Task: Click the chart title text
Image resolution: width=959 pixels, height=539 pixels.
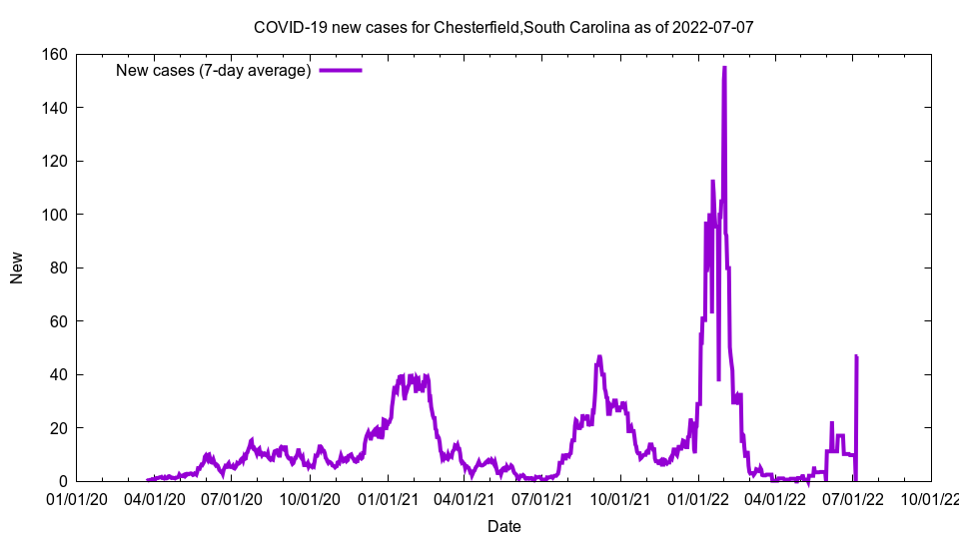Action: coord(503,27)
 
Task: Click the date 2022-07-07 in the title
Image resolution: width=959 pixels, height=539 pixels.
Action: coord(713,27)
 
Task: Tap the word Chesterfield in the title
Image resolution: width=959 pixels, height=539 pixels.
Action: coord(476,27)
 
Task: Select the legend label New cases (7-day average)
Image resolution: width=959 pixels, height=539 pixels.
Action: coord(213,70)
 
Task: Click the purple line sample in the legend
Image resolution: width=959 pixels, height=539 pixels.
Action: coord(340,70)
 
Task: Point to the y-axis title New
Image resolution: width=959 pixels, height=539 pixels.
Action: coord(17,268)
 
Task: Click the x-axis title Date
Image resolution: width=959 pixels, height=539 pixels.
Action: coord(503,525)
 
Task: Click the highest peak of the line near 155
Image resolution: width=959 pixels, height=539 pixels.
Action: coord(724,68)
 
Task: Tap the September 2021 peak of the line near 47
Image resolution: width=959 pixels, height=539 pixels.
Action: coord(599,356)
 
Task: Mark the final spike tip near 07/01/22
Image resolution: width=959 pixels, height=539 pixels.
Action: coord(856,356)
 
